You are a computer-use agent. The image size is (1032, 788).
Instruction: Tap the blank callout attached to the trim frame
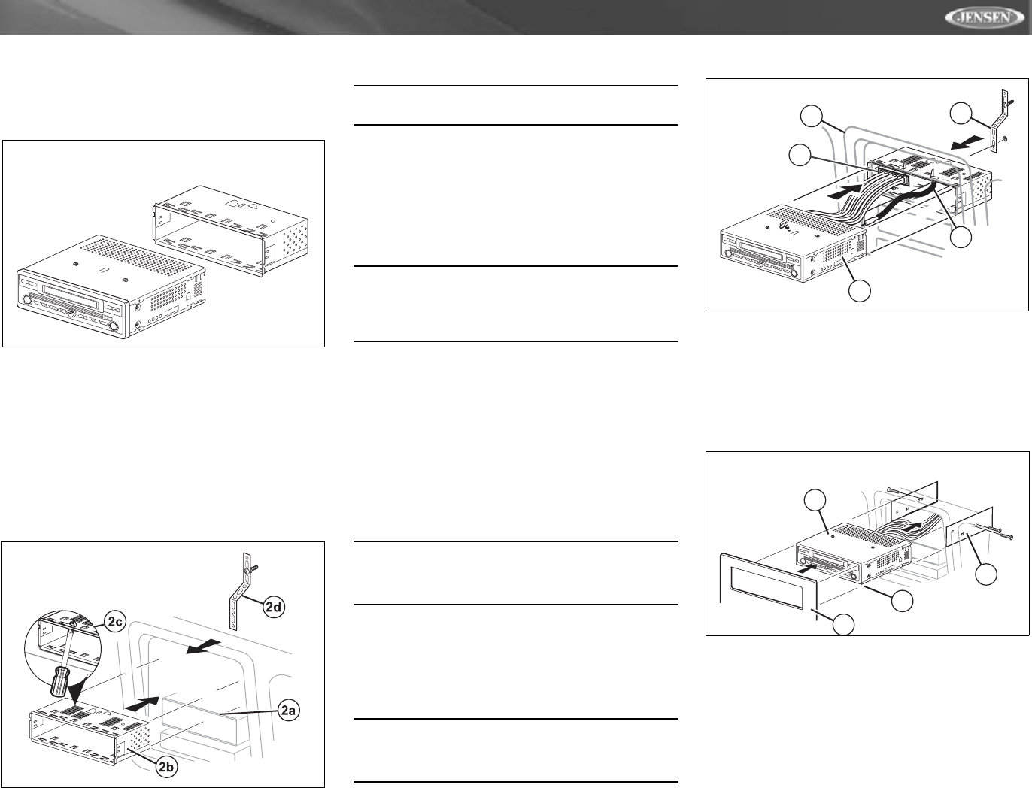[x=846, y=623]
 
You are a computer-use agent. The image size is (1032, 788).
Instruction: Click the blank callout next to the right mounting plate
[x=986, y=575]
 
